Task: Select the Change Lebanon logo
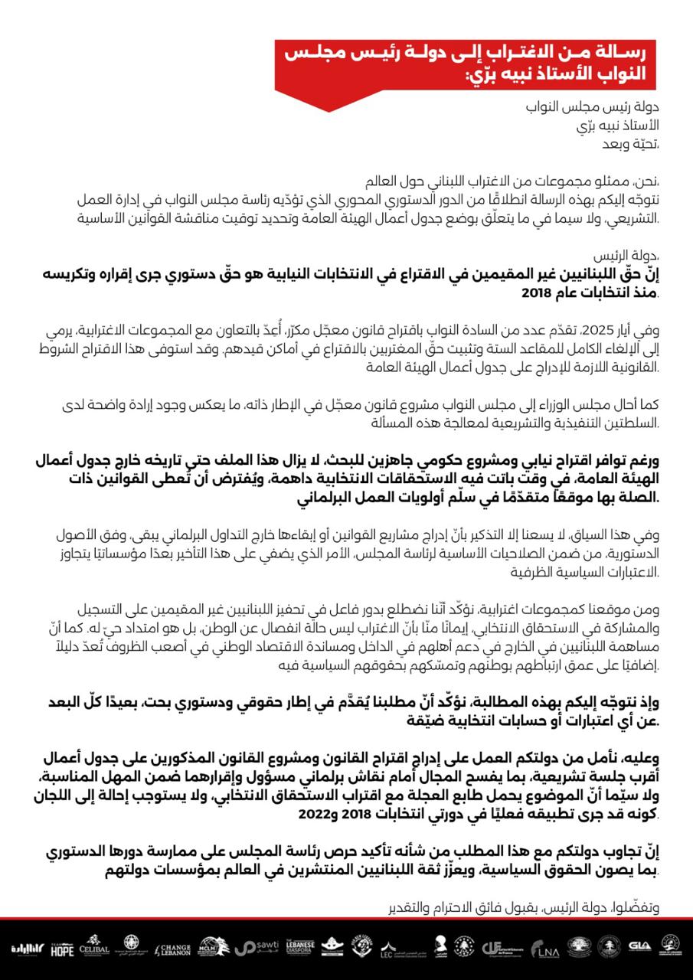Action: [x=172, y=948]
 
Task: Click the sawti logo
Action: [x=256, y=948]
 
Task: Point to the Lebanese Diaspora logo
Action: [x=299, y=948]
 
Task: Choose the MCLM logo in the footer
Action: [x=211, y=947]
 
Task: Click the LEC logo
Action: [x=387, y=948]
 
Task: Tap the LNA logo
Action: [x=547, y=949]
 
